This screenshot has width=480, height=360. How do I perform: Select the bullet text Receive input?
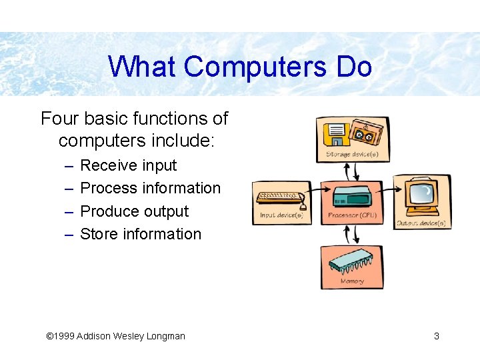128,165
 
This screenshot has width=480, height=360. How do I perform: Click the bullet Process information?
150,188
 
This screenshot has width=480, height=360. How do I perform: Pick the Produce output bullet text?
134,211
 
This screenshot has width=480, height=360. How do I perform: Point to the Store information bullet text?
140,234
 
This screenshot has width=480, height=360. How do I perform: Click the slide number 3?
437,336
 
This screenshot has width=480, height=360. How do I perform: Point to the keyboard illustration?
279,197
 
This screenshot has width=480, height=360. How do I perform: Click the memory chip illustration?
351,264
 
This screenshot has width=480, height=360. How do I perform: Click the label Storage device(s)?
352,155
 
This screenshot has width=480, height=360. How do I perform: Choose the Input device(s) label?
282,216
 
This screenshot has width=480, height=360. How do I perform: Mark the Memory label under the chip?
352,281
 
